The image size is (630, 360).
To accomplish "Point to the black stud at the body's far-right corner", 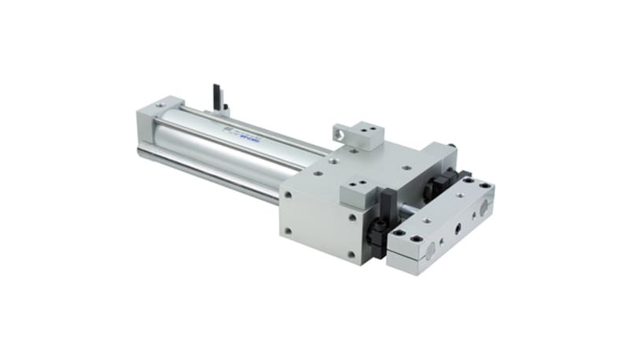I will click(x=454, y=147).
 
